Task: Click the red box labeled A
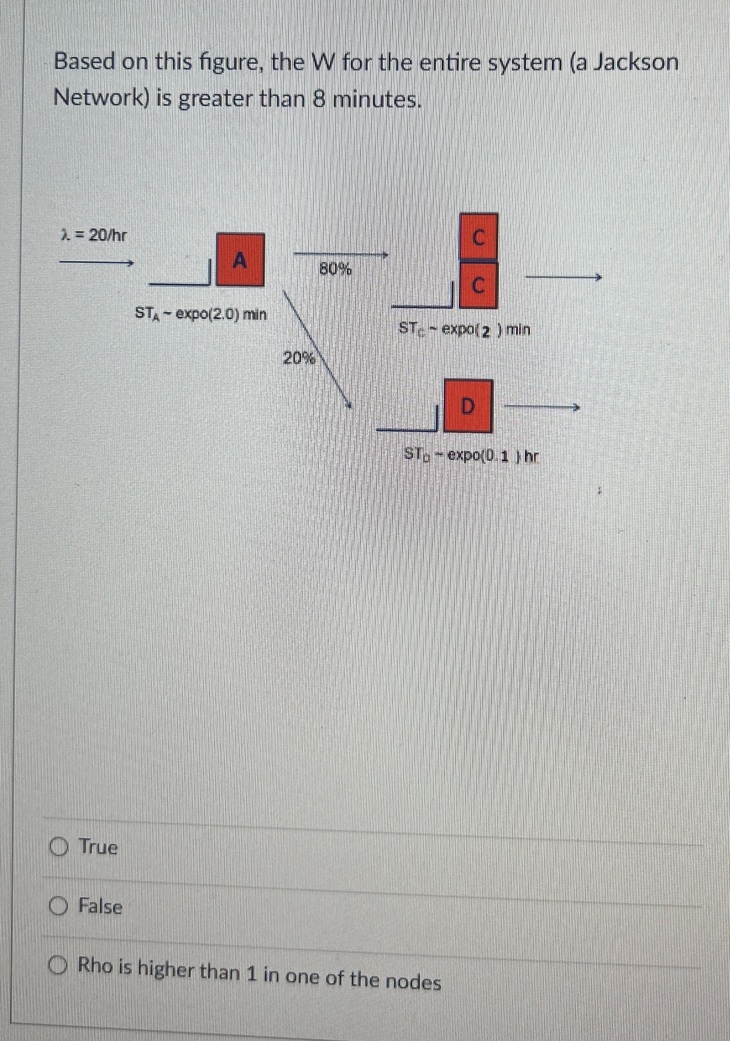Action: click(240, 260)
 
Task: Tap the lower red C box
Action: click(479, 286)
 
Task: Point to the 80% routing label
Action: click(336, 270)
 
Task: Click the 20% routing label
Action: click(298, 358)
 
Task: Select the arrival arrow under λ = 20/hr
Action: click(97, 263)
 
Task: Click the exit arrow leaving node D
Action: click(542, 407)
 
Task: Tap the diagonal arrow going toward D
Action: click(317, 349)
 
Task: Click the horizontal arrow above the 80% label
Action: click(340, 254)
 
